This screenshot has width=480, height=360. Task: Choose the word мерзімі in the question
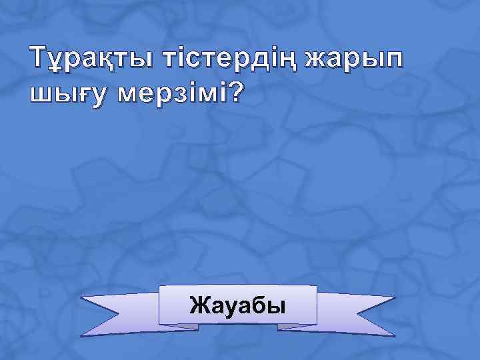click(x=171, y=94)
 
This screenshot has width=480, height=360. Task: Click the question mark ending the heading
click(x=235, y=93)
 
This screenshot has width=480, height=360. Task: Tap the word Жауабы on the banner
click(x=237, y=306)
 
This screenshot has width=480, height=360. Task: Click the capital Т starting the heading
click(x=39, y=59)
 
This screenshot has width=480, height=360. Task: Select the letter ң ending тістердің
click(x=287, y=61)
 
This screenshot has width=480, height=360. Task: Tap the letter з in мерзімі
click(x=179, y=95)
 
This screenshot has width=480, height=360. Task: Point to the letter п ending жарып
click(x=393, y=61)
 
